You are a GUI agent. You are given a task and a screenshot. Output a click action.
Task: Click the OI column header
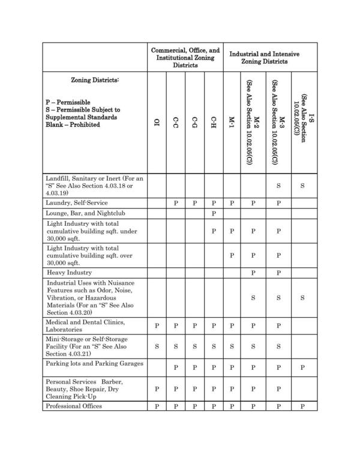[x=157, y=123]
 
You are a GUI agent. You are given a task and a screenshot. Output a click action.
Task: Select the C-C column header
[x=176, y=123]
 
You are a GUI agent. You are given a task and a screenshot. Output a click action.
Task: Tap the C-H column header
[x=213, y=123]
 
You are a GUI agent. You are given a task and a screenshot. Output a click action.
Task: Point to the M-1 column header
[x=232, y=123]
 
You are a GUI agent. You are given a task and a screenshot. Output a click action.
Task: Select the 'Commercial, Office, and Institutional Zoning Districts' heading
[x=185, y=58]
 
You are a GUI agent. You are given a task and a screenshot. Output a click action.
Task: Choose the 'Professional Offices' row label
[x=75, y=407]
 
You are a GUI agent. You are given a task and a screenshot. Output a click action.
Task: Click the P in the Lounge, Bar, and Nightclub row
[x=213, y=214]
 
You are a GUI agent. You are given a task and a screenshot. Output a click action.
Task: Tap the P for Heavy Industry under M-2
[x=253, y=273]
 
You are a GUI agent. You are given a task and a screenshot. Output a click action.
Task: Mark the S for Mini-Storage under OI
[x=157, y=346]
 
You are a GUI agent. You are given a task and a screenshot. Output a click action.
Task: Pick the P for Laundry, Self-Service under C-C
[x=176, y=203]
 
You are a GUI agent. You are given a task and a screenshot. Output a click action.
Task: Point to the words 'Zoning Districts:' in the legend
[x=95, y=80]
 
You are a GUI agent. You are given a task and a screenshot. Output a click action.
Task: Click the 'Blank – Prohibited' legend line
[x=73, y=125]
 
